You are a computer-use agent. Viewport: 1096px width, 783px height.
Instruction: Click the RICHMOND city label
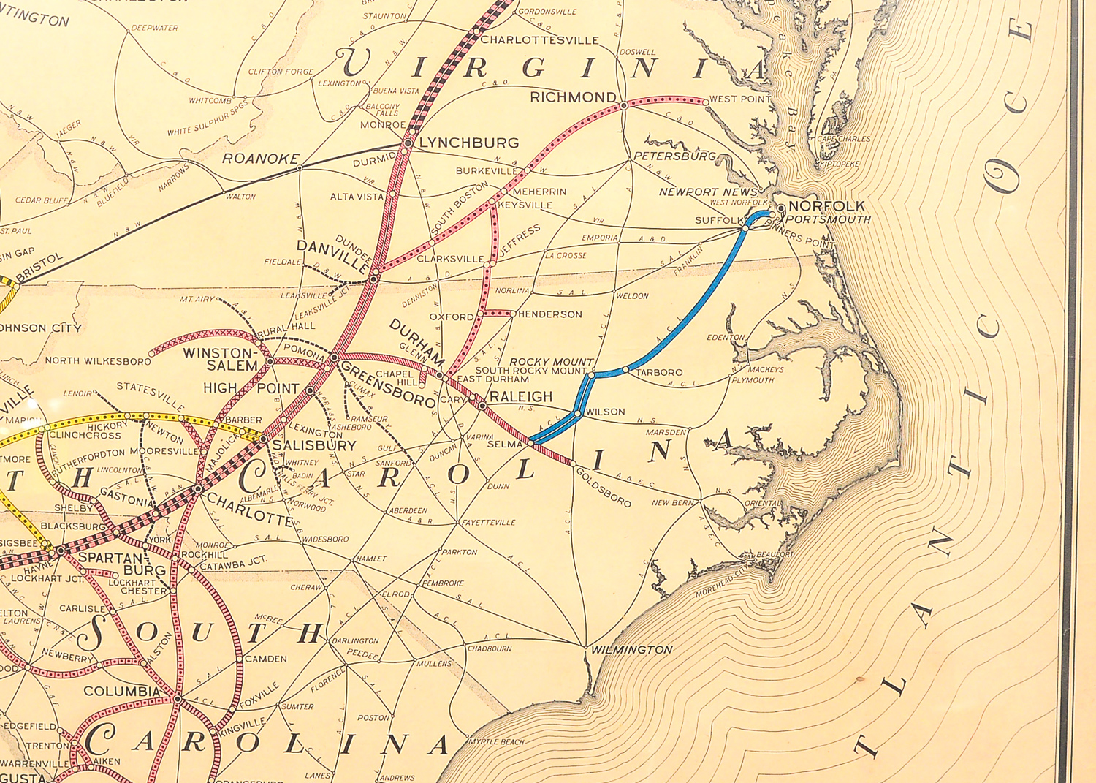tap(573, 97)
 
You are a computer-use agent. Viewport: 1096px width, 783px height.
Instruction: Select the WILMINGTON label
tap(631, 649)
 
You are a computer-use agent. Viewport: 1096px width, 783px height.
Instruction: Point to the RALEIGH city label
tap(520, 396)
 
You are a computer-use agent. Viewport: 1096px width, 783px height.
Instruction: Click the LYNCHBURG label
tap(468, 143)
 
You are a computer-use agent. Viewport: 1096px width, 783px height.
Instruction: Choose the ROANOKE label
tap(261, 159)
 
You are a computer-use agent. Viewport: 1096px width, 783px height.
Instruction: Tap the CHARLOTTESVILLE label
tap(539, 40)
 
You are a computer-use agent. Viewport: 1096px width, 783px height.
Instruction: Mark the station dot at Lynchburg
tap(408, 143)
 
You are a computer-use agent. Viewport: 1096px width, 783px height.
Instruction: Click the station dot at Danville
tap(374, 279)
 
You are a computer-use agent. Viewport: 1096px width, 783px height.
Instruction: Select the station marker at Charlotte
tap(198, 488)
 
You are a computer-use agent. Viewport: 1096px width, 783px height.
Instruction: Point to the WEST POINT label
tap(739, 99)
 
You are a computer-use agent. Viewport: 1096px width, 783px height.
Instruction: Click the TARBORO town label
tap(659, 372)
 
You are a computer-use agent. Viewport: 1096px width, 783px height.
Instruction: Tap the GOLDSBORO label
tap(604, 488)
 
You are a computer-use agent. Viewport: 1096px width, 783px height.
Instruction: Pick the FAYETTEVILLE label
tap(488, 523)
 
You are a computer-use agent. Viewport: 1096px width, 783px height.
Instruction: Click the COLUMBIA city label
tap(121, 691)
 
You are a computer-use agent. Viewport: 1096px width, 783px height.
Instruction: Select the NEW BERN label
tap(672, 503)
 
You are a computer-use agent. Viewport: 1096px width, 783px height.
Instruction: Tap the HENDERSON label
tap(549, 314)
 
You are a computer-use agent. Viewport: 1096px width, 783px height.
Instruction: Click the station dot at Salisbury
tap(263, 439)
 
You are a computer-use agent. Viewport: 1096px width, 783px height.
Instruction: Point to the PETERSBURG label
tap(674, 156)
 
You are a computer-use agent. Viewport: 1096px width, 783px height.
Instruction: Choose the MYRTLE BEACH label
tap(496, 741)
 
